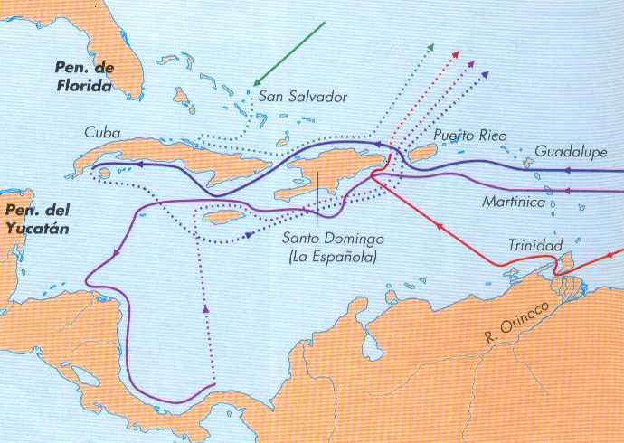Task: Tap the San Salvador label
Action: [x=302, y=97]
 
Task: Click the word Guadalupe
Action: [x=570, y=150]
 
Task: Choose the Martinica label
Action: [x=514, y=202]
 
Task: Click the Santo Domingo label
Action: [x=332, y=238]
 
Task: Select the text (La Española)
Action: [x=331, y=258]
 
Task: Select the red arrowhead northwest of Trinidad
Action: [x=439, y=227]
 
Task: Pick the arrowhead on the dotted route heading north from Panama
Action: [x=206, y=308]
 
